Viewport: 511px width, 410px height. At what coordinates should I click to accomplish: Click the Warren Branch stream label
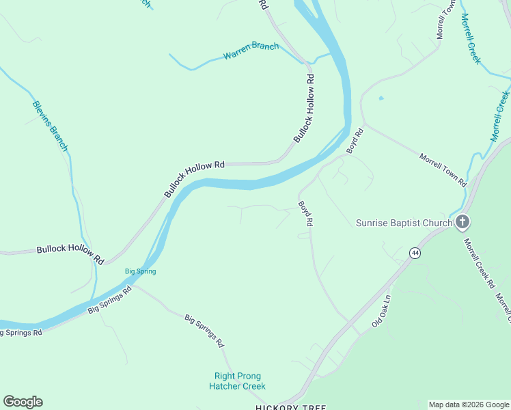[251, 51]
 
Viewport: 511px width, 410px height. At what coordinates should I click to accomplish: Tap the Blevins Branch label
[50, 126]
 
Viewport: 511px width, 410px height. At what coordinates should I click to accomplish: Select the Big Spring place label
[140, 271]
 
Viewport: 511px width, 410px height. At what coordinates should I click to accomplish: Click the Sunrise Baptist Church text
[404, 223]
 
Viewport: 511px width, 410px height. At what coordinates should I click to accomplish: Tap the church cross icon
[462, 221]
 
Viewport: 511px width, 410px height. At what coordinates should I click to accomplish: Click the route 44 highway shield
[415, 253]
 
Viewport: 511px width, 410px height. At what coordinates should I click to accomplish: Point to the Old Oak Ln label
[380, 311]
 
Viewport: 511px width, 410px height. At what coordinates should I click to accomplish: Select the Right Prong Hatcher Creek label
[238, 381]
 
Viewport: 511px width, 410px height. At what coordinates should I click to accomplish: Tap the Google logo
[23, 402]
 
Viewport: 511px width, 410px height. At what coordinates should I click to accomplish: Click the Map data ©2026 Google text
[469, 405]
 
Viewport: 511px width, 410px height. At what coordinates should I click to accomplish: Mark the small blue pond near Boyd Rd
[381, 98]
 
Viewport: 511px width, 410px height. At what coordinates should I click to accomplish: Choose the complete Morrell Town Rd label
[443, 171]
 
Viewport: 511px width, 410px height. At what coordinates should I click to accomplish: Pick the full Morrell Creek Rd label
[478, 263]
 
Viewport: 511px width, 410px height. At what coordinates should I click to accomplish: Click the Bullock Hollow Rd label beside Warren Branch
[305, 109]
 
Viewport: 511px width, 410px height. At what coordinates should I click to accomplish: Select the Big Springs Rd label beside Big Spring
[109, 301]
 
